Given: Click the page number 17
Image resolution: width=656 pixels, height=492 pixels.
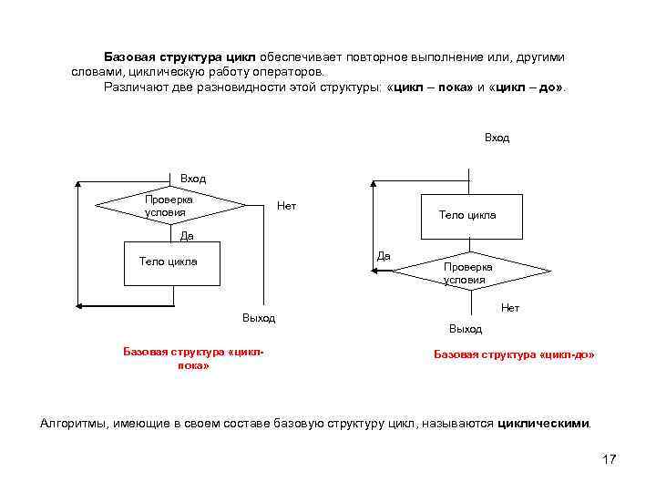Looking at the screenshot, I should pyautogui.click(x=610, y=459).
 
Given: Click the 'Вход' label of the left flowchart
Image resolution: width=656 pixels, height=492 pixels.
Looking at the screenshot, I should pyautogui.click(x=193, y=179).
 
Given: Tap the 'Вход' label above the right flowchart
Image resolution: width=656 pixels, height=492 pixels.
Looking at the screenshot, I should pyautogui.click(x=497, y=138).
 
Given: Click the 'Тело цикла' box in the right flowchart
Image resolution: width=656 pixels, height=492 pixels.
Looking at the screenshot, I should pyautogui.click(x=467, y=215).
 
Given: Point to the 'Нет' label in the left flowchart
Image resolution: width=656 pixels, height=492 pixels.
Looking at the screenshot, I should pyautogui.click(x=286, y=206).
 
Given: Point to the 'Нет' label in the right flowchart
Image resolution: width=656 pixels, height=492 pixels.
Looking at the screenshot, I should pyautogui.click(x=510, y=308).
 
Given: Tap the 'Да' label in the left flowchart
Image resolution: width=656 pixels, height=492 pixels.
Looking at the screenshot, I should pyautogui.click(x=187, y=237).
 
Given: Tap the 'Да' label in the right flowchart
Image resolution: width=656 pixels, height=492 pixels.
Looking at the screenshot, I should pyautogui.click(x=384, y=256).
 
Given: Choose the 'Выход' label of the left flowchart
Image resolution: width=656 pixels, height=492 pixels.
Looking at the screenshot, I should pyautogui.click(x=259, y=318).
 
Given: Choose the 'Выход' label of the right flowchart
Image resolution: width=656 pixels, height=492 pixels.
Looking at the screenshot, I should pyautogui.click(x=466, y=328).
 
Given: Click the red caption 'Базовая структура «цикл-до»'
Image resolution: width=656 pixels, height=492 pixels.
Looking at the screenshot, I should pyautogui.click(x=514, y=354).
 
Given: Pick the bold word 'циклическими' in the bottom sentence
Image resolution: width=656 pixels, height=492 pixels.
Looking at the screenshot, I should pyautogui.click(x=544, y=424).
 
